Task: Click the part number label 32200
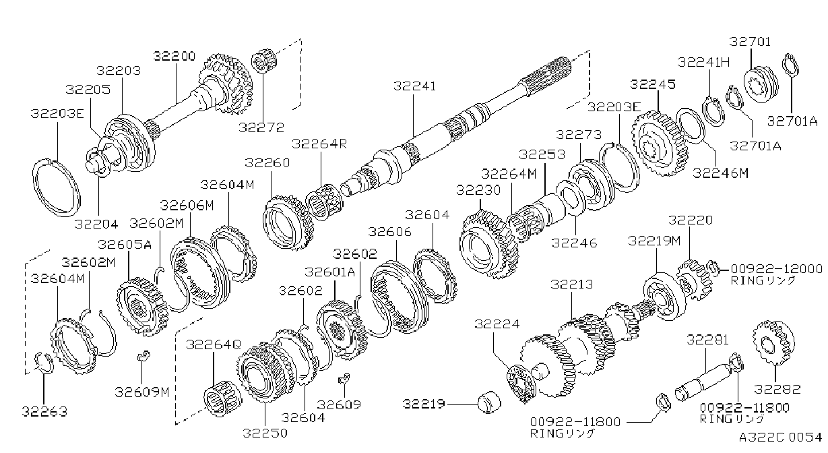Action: tap(174, 57)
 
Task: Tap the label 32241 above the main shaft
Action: tap(415, 86)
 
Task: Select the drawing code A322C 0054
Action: tap(781, 437)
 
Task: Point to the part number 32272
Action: tap(261, 127)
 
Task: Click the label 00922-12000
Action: tap(777, 268)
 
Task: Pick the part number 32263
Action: tap(44, 411)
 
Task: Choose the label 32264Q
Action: tap(214, 344)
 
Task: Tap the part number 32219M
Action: tap(654, 241)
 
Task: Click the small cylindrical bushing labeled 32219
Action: tap(490, 401)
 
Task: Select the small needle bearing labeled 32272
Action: tap(264, 62)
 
